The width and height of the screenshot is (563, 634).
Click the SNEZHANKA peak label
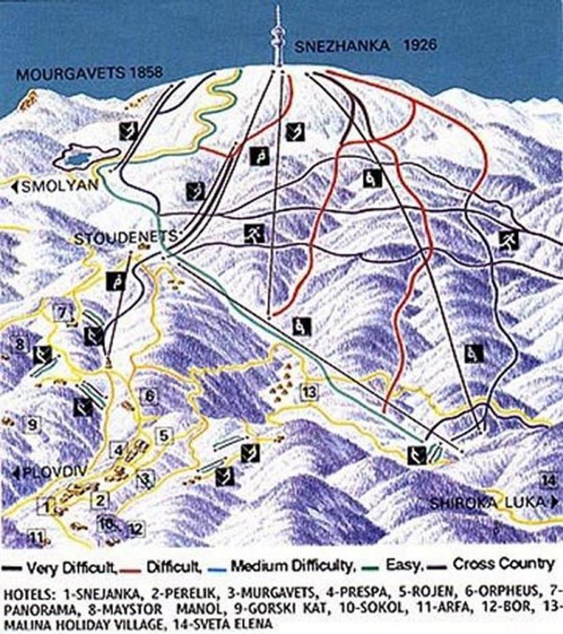(x=342, y=46)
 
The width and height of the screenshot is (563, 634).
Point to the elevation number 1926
(x=419, y=45)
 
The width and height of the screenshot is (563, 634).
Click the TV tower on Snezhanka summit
(x=277, y=37)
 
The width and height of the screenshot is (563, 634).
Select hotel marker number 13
(x=309, y=392)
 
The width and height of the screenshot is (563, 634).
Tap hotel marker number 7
(x=63, y=311)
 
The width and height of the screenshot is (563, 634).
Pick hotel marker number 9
(x=32, y=423)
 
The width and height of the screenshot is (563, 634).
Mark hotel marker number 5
(x=164, y=435)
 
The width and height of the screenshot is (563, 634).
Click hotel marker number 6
(x=149, y=396)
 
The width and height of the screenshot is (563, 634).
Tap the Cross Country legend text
(x=503, y=564)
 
